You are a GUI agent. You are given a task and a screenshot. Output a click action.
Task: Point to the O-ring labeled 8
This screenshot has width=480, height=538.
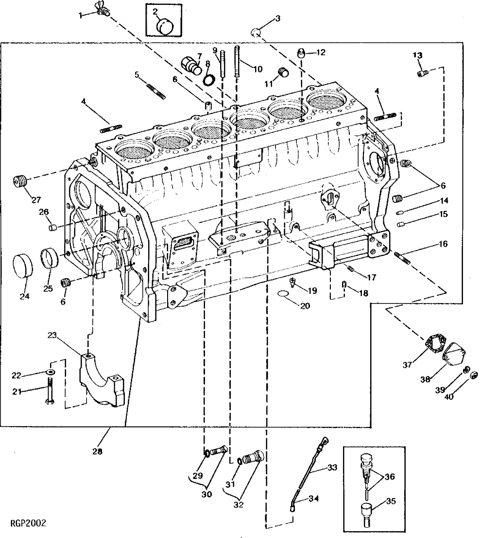(209, 79)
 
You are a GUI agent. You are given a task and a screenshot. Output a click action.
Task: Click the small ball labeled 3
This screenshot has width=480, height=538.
(257, 32)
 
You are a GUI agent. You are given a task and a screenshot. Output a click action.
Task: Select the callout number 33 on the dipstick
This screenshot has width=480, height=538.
(332, 467)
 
